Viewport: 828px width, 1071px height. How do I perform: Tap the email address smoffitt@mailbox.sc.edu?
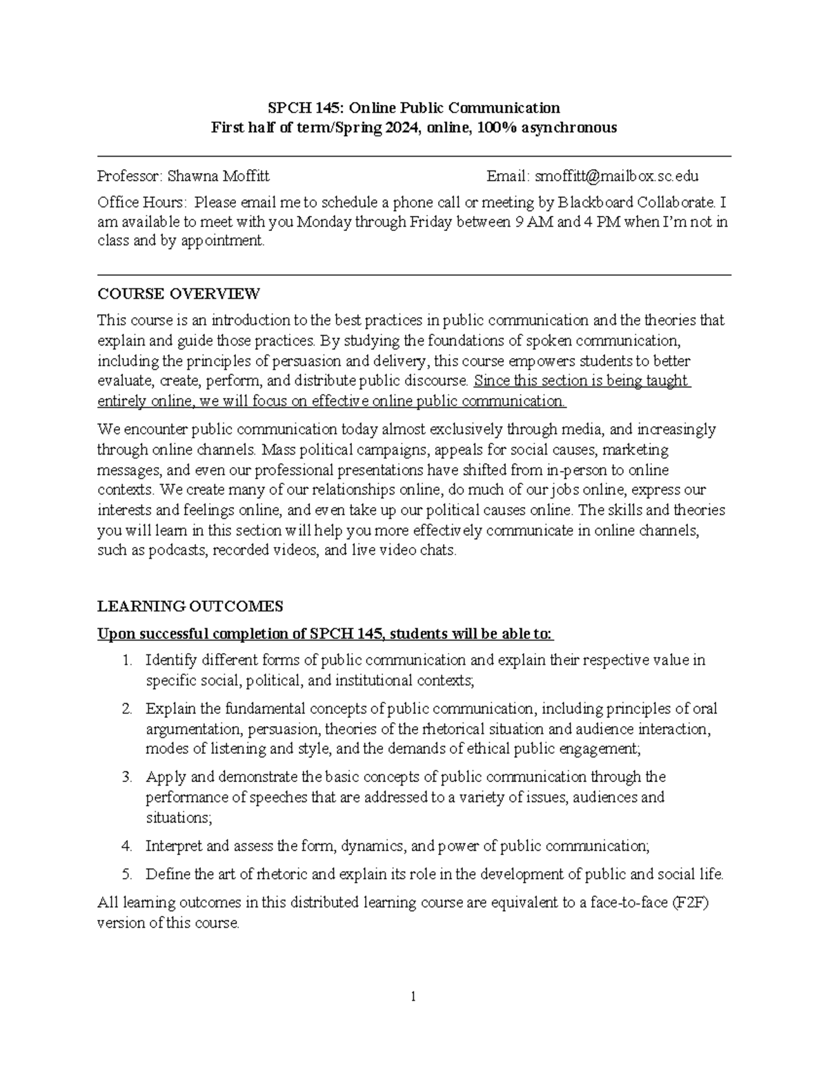(x=612, y=176)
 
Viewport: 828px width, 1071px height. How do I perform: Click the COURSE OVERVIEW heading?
(x=179, y=294)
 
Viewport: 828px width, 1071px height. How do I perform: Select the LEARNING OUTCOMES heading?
(x=190, y=607)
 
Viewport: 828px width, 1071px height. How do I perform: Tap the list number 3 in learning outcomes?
(x=127, y=777)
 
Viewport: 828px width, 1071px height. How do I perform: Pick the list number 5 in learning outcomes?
(x=127, y=874)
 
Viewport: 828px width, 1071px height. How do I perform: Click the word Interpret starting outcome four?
(x=173, y=846)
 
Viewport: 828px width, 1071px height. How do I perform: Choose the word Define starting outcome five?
(x=165, y=874)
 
